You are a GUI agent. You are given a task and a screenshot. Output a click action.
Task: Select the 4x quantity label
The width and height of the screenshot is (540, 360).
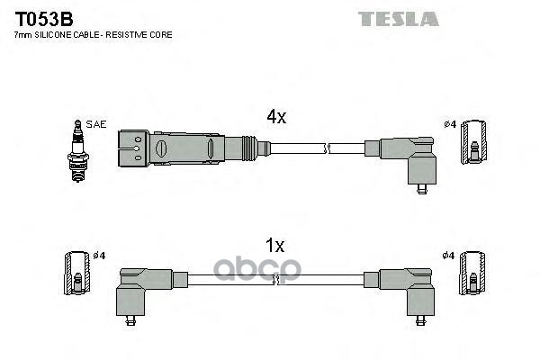276,117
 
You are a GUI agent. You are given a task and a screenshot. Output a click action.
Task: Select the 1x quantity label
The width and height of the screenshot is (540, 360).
275,245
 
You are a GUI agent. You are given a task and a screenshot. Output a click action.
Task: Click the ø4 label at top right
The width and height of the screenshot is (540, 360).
451,123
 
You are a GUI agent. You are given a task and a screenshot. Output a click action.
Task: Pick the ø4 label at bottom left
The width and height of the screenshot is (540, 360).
100,256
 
